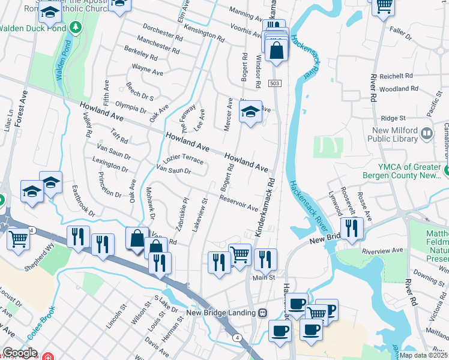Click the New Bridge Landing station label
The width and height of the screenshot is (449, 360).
[x=221, y=313]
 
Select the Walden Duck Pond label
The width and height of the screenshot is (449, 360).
[x=32, y=28]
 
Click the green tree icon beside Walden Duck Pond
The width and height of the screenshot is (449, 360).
[x=75, y=27]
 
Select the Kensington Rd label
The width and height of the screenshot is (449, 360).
[x=204, y=32]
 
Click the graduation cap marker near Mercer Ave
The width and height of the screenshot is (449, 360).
[x=251, y=111]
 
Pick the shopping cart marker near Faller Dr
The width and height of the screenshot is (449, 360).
[x=382, y=6]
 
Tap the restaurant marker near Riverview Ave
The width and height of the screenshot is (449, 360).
[x=351, y=227]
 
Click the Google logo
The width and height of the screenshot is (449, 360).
[x=20, y=353]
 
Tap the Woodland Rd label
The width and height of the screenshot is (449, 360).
[x=394, y=89]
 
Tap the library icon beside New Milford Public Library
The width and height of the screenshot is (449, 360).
[x=427, y=133]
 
